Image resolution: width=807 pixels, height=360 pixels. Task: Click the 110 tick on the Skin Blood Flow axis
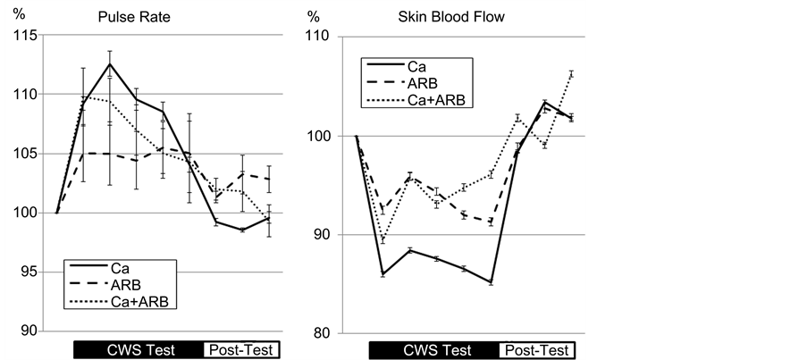(319, 38)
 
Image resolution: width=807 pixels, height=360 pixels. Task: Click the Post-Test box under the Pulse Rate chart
(240, 349)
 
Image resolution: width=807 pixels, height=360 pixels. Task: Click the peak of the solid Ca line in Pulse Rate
(109, 63)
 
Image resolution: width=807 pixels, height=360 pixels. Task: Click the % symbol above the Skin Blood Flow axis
(313, 16)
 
